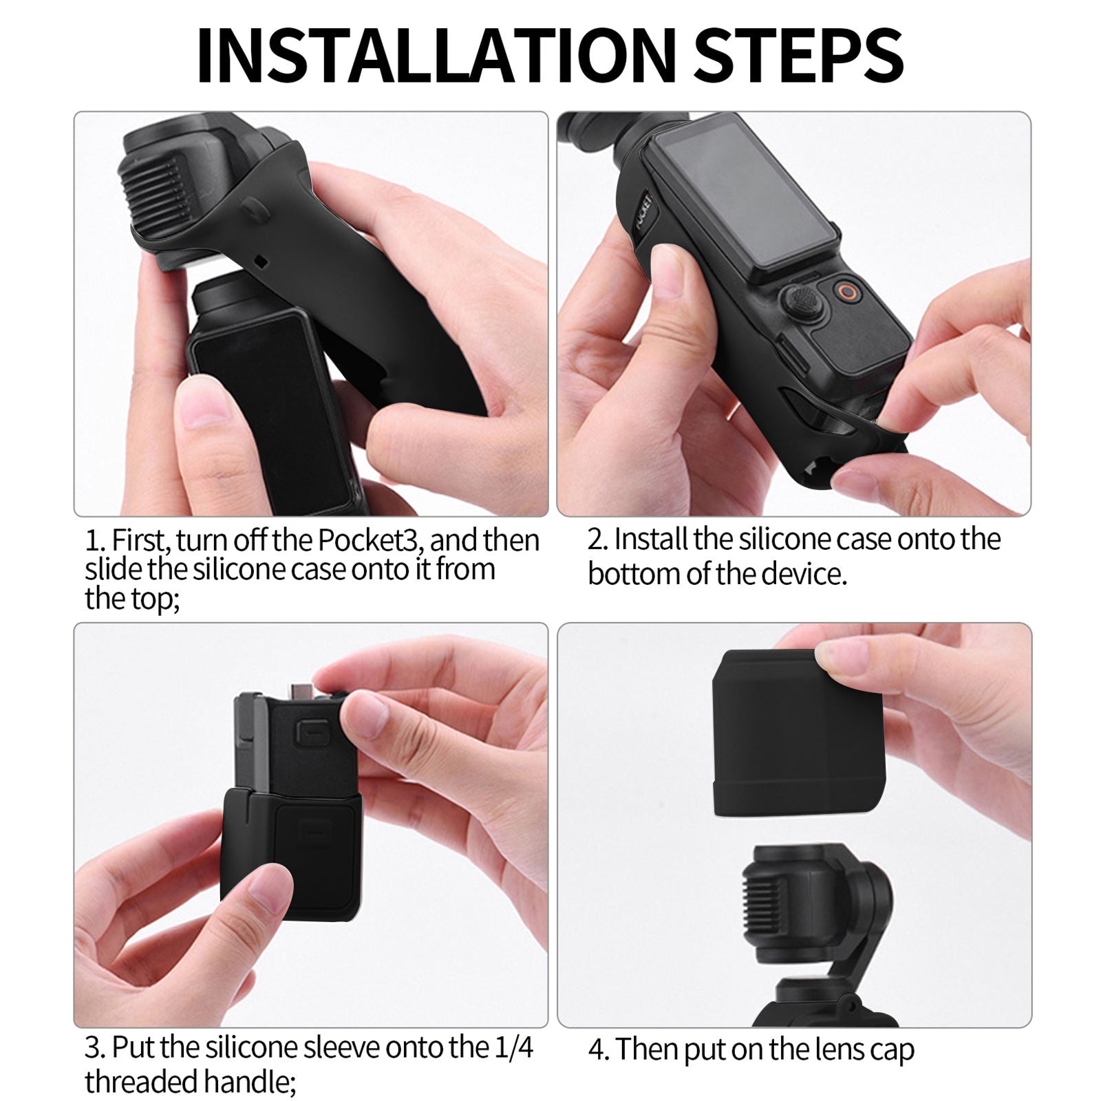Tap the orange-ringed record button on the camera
849,292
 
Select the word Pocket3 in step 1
367,541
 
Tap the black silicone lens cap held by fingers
798,732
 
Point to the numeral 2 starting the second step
596,539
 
